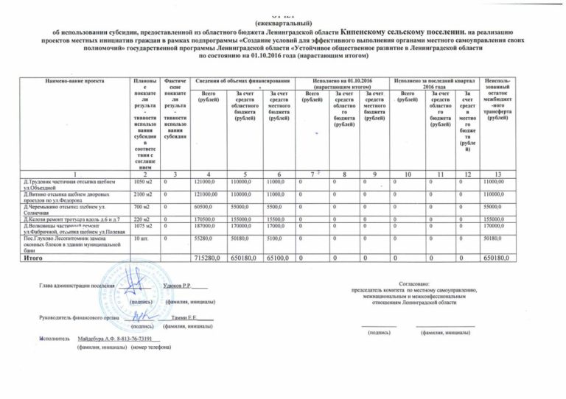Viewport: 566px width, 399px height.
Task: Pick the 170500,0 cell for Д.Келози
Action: (x=206, y=219)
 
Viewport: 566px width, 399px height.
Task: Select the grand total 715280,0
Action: (x=206, y=259)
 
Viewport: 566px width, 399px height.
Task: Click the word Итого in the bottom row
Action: (x=37, y=259)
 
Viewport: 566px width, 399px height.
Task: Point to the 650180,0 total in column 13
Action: (x=498, y=259)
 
